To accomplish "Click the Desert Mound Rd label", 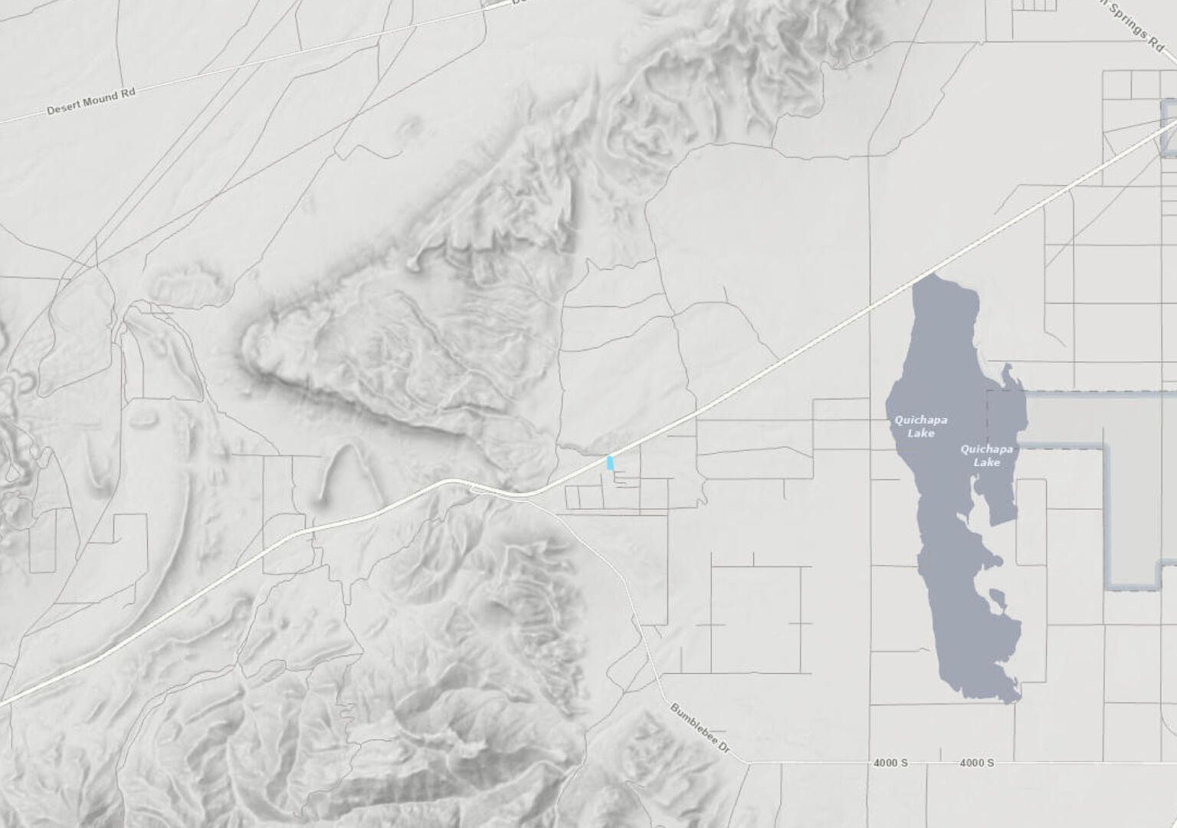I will [x=91, y=101].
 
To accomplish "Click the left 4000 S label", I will [x=890, y=763].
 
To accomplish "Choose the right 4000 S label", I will [x=977, y=763].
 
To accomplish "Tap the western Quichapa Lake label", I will [x=921, y=426].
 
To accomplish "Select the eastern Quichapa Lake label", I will [x=987, y=455].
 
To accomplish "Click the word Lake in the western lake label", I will [x=921, y=433].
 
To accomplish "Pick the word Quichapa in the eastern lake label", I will [x=987, y=449].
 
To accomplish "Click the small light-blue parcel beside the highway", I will [x=610, y=462].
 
